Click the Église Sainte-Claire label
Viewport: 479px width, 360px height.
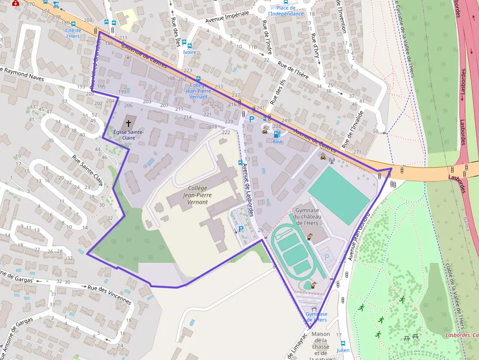[x=128, y=135]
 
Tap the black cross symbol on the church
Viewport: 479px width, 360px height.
[x=129, y=122]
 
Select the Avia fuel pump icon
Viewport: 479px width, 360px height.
[x=277, y=134]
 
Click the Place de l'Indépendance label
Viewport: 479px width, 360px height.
[x=286, y=11]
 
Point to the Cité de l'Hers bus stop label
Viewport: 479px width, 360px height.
[x=73, y=33]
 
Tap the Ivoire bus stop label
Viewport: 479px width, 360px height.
[x=189, y=52]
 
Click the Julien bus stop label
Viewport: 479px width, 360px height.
[x=343, y=350]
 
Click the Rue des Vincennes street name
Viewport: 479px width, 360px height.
[x=109, y=295]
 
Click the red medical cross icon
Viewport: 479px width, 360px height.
[x=15, y=3]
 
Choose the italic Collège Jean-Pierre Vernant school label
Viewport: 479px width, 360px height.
[x=198, y=195]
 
